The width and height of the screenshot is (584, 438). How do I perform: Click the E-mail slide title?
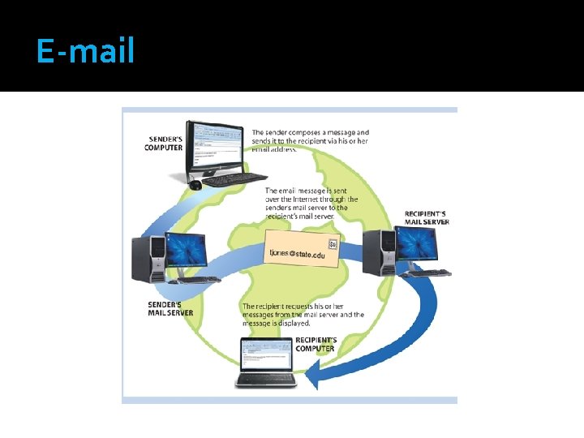[85, 52]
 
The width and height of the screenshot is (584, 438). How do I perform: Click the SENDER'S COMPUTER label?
[163, 143]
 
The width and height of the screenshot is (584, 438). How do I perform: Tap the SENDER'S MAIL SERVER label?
[170, 310]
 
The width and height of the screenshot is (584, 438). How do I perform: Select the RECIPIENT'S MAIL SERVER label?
[426, 217]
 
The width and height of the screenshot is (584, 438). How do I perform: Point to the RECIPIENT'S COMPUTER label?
[316, 344]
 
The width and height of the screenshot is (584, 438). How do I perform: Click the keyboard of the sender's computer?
[235, 178]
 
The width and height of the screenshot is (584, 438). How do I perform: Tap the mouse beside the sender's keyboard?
[195, 185]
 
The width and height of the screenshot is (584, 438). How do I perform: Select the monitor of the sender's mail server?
[186, 250]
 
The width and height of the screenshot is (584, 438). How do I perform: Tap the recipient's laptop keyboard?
[265, 378]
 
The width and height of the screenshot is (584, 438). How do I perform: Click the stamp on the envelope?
[333, 244]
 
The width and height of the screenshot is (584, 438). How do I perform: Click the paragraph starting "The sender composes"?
[310, 141]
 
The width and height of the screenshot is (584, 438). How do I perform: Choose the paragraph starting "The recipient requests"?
[303, 314]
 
